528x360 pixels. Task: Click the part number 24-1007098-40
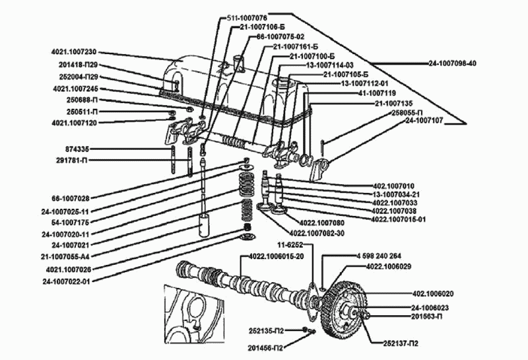[x=453, y=63]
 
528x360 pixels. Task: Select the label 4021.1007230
[x=74, y=52]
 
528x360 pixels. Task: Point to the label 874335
[x=77, y=149]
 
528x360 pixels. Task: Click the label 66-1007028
[x=71, y=198]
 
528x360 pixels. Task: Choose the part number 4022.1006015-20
[x=277, y=256]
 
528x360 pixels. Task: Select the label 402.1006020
[x=433, y=294]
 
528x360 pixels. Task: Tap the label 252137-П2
[x=401, y=343]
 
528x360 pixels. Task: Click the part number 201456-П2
[x=265, y=347]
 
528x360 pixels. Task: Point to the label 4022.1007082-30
[x=317, y=233]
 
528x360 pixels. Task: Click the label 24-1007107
[x=424, y=121]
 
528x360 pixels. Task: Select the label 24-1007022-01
[x=67, y=281]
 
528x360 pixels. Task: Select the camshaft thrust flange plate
[x=312, y=301]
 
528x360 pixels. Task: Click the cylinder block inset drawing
[x=193, y=314]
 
